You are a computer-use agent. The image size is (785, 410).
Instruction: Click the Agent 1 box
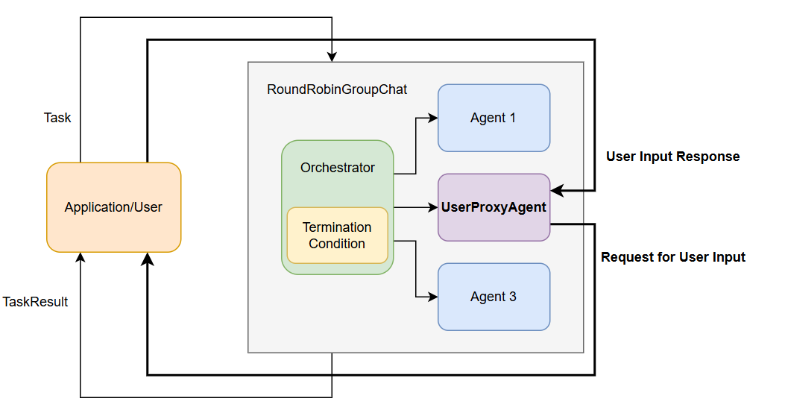coord(494,118)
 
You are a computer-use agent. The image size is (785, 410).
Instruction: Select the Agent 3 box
coord(494,297)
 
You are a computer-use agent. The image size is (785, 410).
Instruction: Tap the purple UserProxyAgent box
coord(494,207)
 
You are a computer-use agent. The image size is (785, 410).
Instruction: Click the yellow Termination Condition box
coord(337,236)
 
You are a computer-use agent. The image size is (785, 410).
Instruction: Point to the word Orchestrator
coord(338,168)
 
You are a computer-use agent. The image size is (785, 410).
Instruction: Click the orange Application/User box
coord(113,207)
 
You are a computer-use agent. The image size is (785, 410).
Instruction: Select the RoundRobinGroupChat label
coord(337,89)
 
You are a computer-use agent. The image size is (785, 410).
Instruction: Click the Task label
coord(57,118)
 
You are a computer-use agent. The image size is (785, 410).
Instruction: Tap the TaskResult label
coord(35,302)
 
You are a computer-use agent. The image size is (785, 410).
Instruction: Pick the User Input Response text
coord(672,157)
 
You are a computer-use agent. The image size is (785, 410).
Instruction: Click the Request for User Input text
coord(672,257)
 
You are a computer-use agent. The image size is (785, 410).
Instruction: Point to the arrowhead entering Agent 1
coord(433,118)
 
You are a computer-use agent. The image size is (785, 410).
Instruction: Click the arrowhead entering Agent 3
coord(433,297)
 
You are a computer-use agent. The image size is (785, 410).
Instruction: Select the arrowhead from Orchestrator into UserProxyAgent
coord(433,207)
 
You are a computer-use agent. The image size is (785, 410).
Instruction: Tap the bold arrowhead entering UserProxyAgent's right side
coord(556,191)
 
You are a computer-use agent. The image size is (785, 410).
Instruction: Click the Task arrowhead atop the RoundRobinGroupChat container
coord(332,57)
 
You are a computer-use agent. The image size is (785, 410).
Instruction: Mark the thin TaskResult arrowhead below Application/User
coord(81,258)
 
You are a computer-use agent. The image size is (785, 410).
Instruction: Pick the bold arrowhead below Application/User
coord(148,259)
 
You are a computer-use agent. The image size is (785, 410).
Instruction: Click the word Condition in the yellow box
coord(337,244)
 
